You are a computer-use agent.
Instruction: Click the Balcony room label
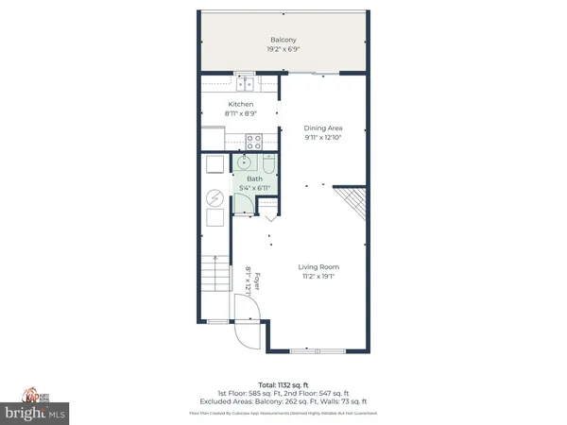(283, 41)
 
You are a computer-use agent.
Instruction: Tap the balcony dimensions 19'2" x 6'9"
(283, 50)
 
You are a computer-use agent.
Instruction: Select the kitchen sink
(241, 80)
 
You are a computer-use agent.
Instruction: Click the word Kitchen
(241, 105)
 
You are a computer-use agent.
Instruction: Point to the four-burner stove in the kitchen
(253, 143)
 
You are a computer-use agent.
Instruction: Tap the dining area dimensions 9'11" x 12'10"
(321, 138)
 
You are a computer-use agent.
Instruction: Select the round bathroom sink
(243, 162)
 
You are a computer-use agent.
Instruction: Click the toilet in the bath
(268, 166)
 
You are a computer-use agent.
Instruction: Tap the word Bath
(254, 178)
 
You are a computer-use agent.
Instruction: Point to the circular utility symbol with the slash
(215, 200)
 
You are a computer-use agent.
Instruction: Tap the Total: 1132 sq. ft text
(283, 384)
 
